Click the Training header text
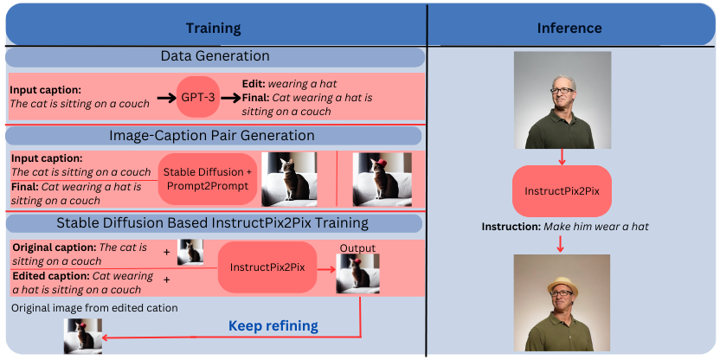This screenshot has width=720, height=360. (214, 29)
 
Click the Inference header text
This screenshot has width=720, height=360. (569, 29)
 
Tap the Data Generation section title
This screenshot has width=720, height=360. (215, 56)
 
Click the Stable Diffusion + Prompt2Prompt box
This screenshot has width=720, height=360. (207, 179)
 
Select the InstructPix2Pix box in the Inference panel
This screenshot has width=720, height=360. (562, 190)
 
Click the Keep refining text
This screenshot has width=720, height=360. (273, 326)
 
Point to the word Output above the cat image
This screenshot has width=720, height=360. (357, 248)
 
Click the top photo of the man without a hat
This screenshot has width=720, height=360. (562, 100)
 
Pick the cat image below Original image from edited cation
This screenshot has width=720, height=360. (83, 336)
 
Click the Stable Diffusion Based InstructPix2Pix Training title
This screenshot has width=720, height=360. (213, 223)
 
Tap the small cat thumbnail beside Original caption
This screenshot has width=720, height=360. (190, 252)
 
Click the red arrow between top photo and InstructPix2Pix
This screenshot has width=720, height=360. (562, 157)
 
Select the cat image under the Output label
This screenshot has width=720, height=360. (357, 274)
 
